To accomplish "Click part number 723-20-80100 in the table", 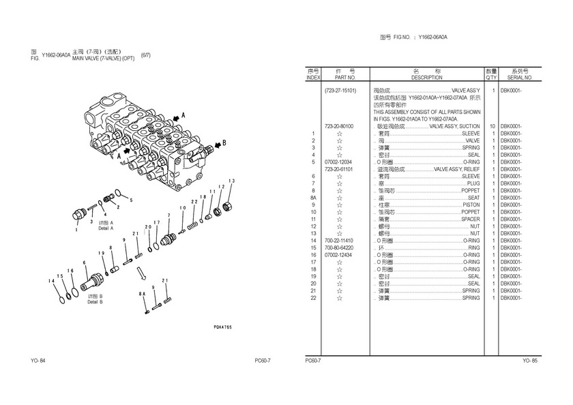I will (339, 126).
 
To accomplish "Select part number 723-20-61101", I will (339, 169).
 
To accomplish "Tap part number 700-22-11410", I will (339, 241).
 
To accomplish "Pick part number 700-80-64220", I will (339, 247).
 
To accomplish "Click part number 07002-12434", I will (339, 255).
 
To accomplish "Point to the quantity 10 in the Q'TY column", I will (492, 126).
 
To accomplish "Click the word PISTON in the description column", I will (471, 205).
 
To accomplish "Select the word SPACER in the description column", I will (470, 219).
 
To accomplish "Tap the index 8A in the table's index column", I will (313, 198).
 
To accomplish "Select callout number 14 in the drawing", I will (50, 281).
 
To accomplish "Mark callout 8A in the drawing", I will (143, 293).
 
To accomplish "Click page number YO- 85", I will (530, 360).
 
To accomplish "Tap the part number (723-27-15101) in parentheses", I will (340, 90).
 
